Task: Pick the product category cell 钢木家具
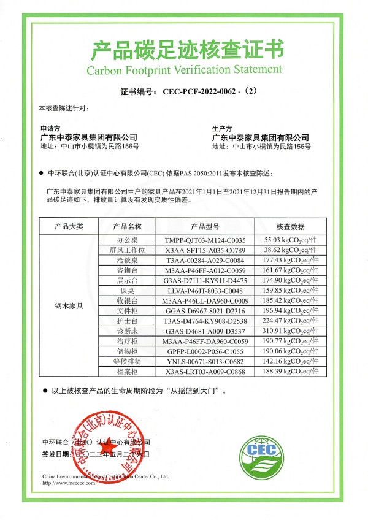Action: (69, 305)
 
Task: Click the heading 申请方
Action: (50, 129)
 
